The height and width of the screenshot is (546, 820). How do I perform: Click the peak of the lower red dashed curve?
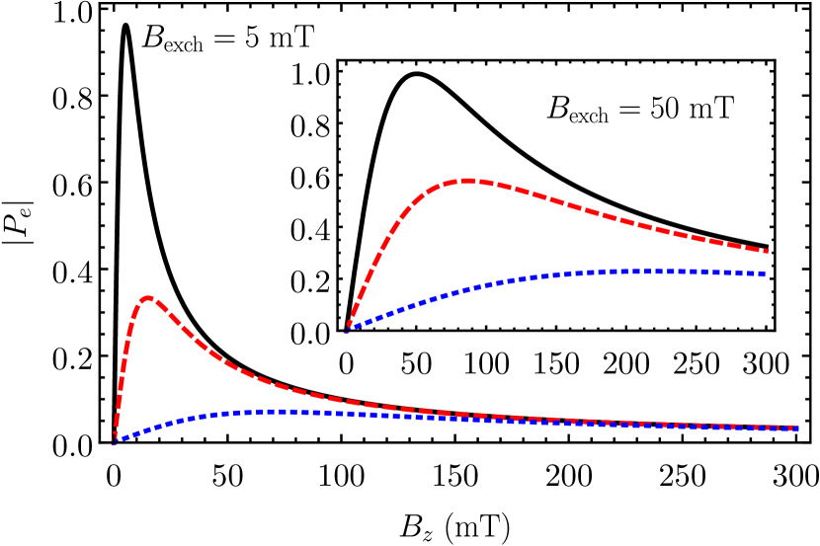pos(148,297)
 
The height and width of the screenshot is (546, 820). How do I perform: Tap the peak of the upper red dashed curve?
pos(466,181)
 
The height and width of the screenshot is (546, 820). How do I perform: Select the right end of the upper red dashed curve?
pos(767,251)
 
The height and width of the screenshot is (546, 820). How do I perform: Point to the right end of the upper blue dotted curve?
pos(765,273)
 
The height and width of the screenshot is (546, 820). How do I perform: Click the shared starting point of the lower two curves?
pos(114,442)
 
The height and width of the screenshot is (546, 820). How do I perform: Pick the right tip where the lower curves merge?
pos(796,429)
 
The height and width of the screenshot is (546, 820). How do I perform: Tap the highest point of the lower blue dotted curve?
pos(282,411)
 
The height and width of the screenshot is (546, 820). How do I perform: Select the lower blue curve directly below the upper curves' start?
pos(347,414)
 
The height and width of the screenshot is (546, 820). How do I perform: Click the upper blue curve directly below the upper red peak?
pos(466,289)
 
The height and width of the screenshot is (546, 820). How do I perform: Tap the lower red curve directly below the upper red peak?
pos(466,415)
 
